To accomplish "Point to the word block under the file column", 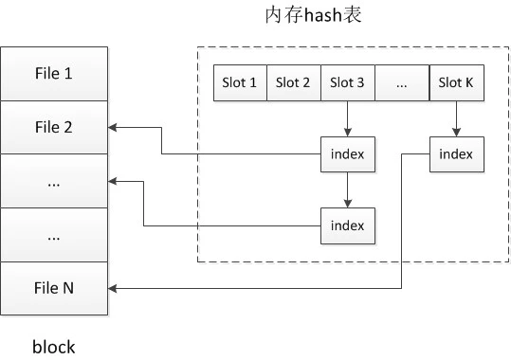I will coord(53,347).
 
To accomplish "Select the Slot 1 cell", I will coord(240,82).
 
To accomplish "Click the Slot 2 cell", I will coord(294,82).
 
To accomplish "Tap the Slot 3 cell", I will coord(348,82).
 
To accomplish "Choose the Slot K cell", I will coord(456,82).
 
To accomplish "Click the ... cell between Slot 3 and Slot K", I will coord(402,82).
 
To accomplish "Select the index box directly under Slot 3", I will coord(348,154).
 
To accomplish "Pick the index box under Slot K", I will coord(456,154).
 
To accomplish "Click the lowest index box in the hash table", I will coord(348,225).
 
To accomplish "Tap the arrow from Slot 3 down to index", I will coord(348,118).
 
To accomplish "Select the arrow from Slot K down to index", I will coord(456,118).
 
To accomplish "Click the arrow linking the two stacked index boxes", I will coord(348,189).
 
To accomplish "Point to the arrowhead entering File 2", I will coord(115,126).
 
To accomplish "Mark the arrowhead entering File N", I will coord(115,288).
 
